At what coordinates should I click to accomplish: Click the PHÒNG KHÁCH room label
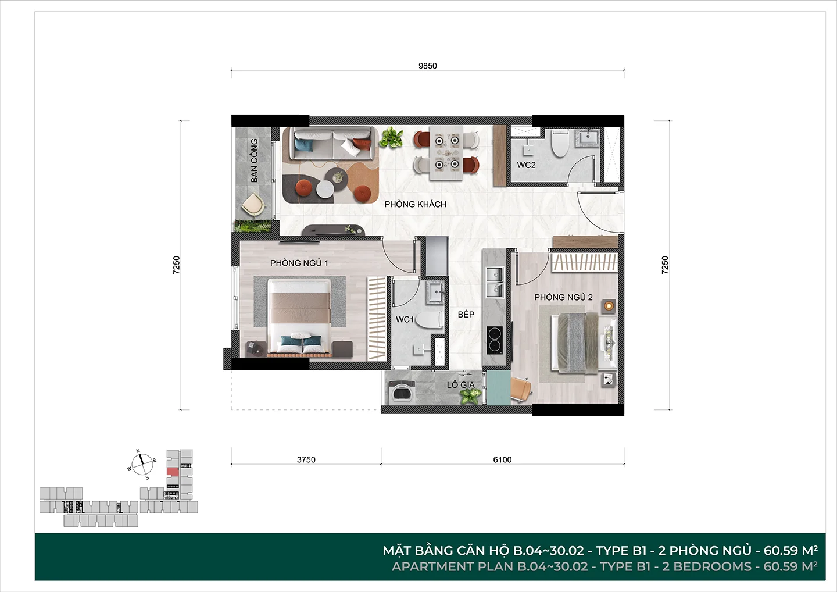point(415,204)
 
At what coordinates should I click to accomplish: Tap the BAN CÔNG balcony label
point(254,161)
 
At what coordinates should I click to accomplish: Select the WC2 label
point(526,165)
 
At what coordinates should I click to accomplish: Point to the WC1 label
point(405,319)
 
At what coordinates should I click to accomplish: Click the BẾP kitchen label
point(466,314)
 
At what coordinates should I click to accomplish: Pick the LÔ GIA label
point(461,384)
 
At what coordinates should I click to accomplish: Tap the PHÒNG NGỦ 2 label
point(563,297)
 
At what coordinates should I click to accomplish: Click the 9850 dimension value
point(427,66)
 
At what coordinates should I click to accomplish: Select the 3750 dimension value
point(306,459)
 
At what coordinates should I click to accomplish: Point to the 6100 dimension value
point(502,459)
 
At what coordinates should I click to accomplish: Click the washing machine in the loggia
point(402,392)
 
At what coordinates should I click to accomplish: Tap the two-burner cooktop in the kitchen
point(494,340)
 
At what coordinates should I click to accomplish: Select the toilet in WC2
point(560,144)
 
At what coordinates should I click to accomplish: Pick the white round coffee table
point(325,190)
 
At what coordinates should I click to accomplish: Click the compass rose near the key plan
point(142,465)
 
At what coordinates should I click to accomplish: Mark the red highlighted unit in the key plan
point(173,472)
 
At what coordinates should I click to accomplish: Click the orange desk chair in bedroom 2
point(521,388)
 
